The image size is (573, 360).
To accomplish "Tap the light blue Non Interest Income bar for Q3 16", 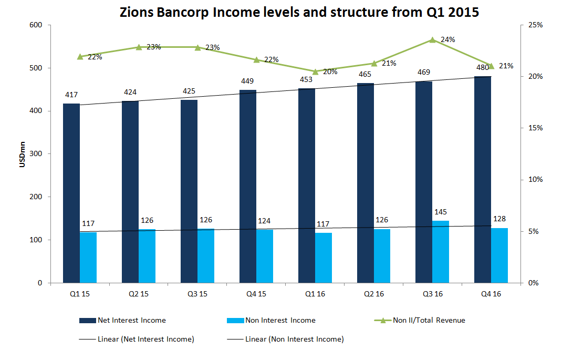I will coord(441,252).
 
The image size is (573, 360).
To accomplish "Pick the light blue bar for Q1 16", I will coord(324,258).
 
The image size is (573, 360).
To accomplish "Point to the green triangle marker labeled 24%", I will coord(432,40).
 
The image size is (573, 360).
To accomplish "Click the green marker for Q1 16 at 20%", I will coord(315,71).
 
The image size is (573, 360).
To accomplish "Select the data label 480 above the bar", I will coord(483,67).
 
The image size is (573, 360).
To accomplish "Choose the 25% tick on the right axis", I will coord(535,25).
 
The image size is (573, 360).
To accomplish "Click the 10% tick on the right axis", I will coord(535,180).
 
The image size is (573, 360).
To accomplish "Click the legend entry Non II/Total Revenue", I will coord(429,320).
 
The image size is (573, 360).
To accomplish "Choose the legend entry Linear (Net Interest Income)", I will coord(145,339).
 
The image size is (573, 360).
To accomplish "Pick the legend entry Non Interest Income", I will coord(288,320).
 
